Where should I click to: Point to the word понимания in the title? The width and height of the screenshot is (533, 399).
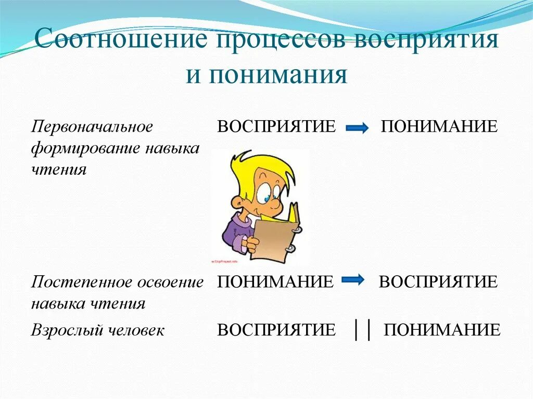[x=278, y=75]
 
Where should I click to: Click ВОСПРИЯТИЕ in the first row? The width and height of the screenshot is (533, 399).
[x=276, y=126]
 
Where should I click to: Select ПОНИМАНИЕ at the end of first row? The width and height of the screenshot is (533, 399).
[x=439, y=126]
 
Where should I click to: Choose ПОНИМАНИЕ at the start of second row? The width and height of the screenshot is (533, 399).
[x=275, y=282]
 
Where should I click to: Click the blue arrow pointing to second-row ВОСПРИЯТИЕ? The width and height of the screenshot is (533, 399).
[x=353, y=281]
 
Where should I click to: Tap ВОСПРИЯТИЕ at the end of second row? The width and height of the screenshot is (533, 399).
[x=438, y=282]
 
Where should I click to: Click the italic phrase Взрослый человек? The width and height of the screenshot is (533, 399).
[x=97, y=330]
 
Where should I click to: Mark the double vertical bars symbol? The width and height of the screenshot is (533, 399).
[x=362, y=330]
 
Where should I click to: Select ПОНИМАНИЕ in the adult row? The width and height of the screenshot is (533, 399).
[x=442, y=330]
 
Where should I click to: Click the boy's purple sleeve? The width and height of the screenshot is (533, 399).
[x=232, y=231]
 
